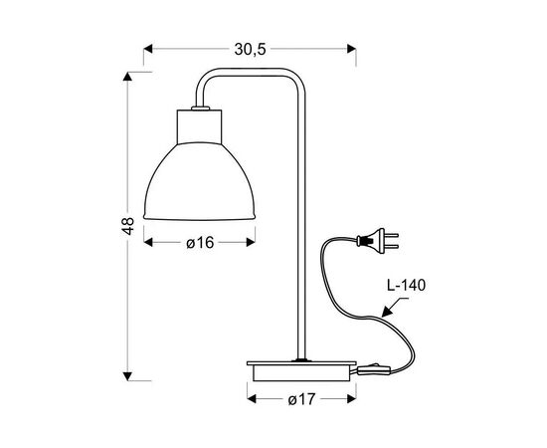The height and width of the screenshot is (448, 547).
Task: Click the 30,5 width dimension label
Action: pyautogui.click(x=251, y=47)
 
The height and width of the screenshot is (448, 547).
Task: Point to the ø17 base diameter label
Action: pyautogui.click(x=301, y=398)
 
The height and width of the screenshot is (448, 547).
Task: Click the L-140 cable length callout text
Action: pyautogui.click(x=407, y=285)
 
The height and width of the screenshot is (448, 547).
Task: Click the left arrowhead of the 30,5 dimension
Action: pyautogui.click(x=149, y=47)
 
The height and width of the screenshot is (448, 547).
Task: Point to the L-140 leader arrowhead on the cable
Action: pyautogui.click(x=387, y=317)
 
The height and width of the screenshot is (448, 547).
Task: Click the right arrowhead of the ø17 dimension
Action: pyautogui.click(x=350, y=398)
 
